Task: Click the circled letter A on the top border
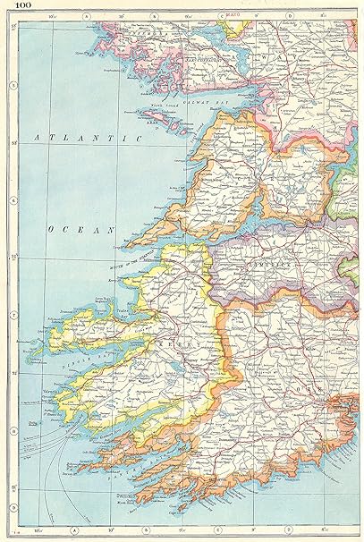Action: coord(84,16)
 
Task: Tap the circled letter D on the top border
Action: coord(288,16)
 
